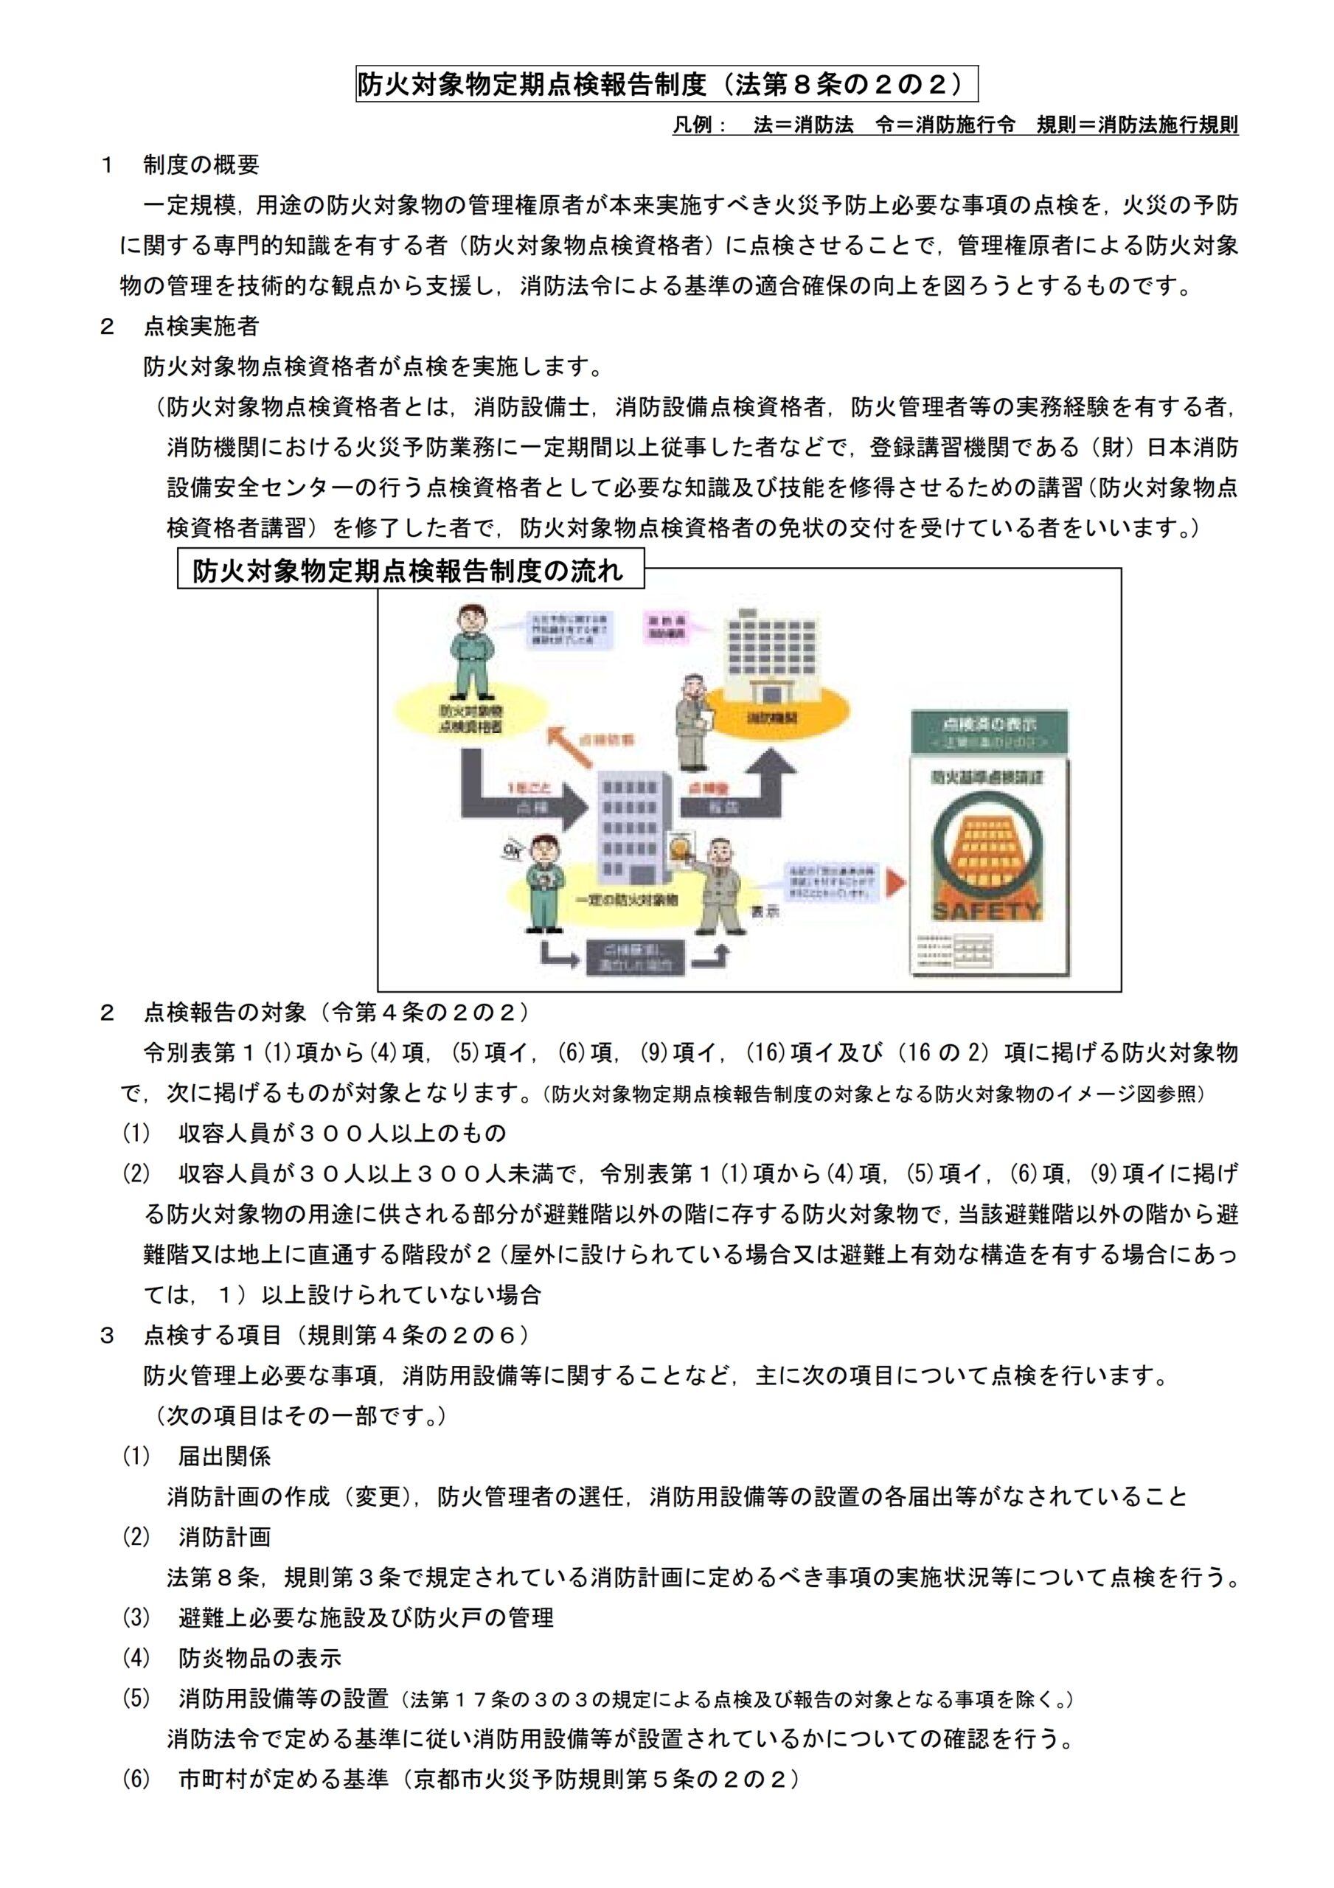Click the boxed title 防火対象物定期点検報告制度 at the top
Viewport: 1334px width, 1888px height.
tap(666, 84)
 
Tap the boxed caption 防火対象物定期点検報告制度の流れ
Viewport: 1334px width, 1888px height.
tap(409, 571)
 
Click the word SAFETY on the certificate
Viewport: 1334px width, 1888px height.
tap(987, 910)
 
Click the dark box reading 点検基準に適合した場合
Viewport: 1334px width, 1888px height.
tap(635, 957)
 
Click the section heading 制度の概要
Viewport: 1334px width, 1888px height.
tap(201, 164)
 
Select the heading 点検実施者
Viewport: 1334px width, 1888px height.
tap(201, 327)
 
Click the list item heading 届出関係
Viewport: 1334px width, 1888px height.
tap(223, 1457)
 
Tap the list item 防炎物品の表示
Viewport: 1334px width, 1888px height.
tap(259, 1658)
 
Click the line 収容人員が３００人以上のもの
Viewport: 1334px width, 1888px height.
tap(341, 1133)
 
